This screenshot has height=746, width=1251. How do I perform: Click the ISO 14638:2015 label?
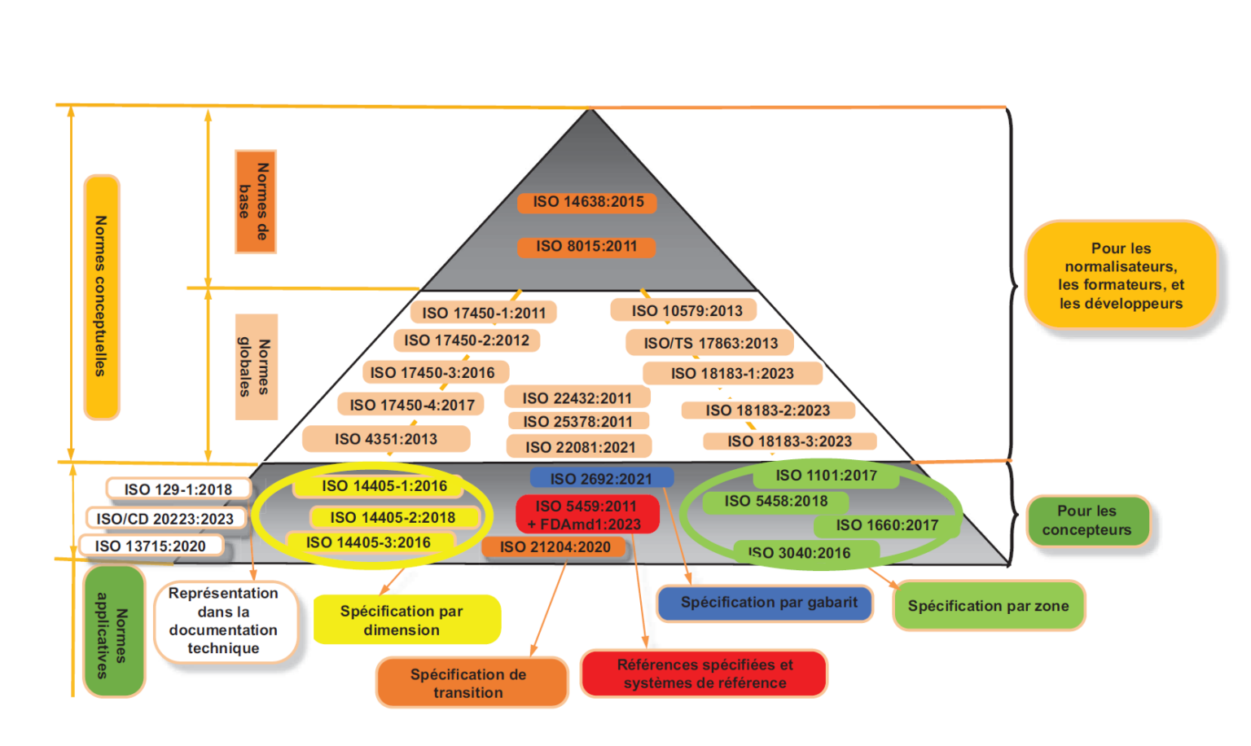(587, 202)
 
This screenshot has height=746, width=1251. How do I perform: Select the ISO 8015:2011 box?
(586, 246)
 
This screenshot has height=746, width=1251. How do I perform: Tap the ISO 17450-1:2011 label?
(484, 313)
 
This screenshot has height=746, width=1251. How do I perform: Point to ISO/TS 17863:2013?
(710, 343)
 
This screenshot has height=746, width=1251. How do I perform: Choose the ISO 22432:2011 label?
(577, 397)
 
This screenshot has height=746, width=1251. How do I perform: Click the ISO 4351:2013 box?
(386, 439)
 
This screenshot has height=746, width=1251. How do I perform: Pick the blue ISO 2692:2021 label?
(601, 479)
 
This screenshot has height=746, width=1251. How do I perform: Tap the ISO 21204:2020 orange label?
(555, 547)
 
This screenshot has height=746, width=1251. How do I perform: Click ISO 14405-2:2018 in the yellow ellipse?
(393, 517)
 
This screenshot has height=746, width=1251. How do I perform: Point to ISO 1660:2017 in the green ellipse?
(886, 525)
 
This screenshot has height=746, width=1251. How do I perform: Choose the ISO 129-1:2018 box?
(178, 489)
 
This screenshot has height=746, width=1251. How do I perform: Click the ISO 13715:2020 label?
(151, 546)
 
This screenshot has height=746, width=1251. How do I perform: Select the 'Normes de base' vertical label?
(255, 201)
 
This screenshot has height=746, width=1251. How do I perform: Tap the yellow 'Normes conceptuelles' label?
(101, 296)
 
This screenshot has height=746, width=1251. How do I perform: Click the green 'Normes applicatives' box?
(113, 632)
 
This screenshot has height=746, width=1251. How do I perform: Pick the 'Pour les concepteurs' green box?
(1086, 520)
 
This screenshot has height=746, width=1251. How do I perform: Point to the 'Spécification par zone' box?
(988, 606)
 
